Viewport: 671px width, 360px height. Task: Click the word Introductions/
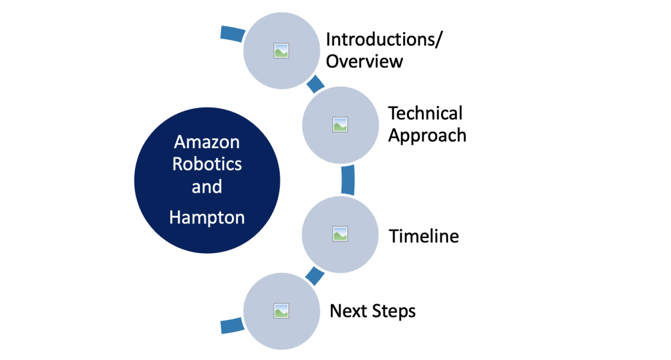pos(384,39)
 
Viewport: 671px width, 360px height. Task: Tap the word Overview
pos(364,62)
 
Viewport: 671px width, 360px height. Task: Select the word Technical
pos(425,113)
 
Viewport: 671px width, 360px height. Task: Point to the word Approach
pos(427,135)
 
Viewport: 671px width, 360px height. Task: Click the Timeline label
pos(424,236)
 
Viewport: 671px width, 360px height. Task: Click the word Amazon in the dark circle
pos(206,142)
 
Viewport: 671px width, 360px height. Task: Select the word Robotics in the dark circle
pos(206,164)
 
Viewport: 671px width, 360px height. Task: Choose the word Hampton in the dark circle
pos(206,217)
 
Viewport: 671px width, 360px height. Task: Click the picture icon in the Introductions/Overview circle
pos(281,50)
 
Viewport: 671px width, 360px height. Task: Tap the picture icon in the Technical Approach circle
pos(339,124)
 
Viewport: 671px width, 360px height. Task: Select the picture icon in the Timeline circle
pos(339,233)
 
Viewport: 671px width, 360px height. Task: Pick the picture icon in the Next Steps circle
pos(281,309)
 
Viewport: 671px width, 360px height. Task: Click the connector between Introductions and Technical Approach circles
pos(315,85)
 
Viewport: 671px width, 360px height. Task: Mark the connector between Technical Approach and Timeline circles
pos(349,179)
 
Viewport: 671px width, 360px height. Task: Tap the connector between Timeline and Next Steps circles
pos(315,275)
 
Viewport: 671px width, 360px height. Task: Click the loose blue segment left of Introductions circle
pos(231,33)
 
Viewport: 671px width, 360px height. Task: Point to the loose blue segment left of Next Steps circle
pos(231,325)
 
